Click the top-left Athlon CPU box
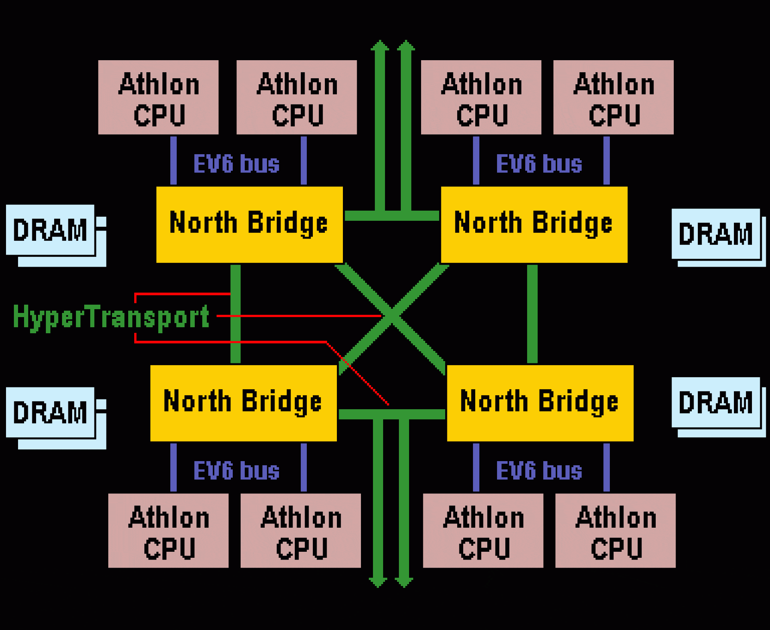[x=158, y=97]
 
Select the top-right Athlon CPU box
[x=613, y=97]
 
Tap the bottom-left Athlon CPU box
[x=168, y=530]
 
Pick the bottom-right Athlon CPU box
[x=615, y=530]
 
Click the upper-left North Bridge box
[x=249, y=225]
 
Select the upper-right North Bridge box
[x=534, y=225]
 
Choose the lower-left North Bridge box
[x=243, y=403]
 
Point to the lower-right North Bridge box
[x=540, y=403]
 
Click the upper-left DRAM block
[x=50, y=230]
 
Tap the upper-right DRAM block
[x=716, y=234]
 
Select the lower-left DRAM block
[x=50, y=412]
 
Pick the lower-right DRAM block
[x=716, y=402]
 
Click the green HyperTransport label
[x=111, y=317]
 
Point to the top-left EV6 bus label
[x=236, y=164]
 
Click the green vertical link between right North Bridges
[x=532, y=314]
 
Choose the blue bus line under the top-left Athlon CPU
[x=173, y=160]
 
